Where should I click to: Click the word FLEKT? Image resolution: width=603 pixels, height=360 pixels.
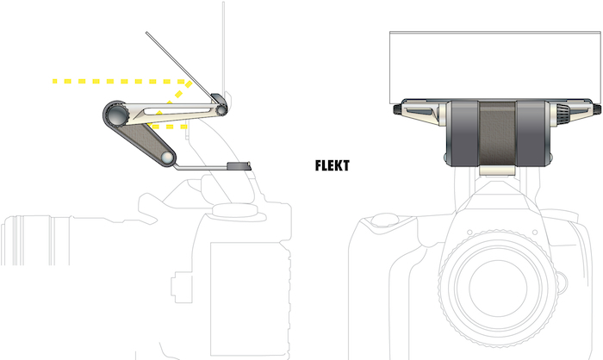(x=332, y=164)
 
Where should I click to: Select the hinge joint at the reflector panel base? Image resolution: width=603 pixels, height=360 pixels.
(x=221, y=109)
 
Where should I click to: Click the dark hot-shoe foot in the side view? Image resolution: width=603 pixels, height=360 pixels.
(x=238, y=165)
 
